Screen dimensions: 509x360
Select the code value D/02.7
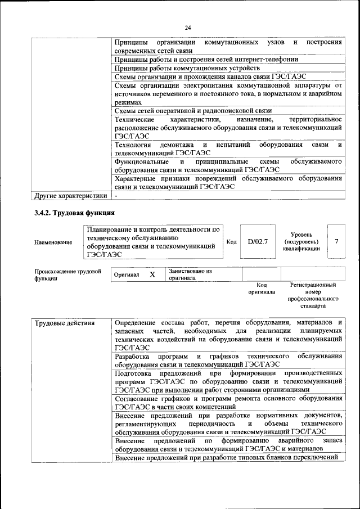click(258, 242)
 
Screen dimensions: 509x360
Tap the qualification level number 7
click(336, 241)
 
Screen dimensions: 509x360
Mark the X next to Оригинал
click(152, 274)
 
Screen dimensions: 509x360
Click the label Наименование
click(53, 242)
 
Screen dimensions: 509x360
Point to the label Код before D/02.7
click(231, 242)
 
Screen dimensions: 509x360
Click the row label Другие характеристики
click(70, 196)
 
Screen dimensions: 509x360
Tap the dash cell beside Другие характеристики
click(116, 196)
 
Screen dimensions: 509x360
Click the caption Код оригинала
click(261, 289)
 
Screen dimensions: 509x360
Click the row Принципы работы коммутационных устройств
click(187, 67)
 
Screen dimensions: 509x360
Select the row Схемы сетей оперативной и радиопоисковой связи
click(184, 111)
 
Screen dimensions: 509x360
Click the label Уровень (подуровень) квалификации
click(301, 241)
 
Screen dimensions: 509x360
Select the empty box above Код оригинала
click(261, 274)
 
